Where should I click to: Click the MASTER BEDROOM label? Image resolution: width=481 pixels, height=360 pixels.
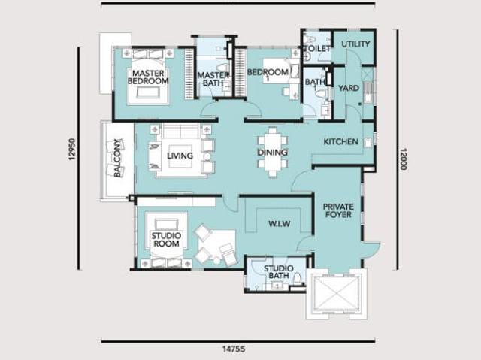point(148,77)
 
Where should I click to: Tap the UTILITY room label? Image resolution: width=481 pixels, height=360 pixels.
point(355,44)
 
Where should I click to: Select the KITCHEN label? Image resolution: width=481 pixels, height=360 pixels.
point(340,141)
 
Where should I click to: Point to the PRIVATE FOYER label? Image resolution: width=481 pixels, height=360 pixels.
point(338,210)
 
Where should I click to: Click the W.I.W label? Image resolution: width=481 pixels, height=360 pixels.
point(279,224)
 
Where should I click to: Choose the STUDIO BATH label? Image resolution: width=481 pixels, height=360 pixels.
point(279,272)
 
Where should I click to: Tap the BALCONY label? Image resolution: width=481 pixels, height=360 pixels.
point(117,158)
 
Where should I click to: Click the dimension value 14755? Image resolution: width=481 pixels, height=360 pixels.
point(234,349)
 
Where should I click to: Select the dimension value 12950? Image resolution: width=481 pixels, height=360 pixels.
point(72,150)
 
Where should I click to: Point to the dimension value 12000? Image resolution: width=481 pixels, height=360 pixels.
point(403,159)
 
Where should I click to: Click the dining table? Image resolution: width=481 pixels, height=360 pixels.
point(272,153)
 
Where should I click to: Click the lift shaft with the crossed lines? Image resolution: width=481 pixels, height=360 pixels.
point(337,294)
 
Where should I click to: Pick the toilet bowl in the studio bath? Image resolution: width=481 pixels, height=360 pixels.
point(298,279)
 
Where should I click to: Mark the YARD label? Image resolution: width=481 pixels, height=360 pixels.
point(349,89)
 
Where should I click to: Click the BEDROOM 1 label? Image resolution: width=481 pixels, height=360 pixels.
point(268,75)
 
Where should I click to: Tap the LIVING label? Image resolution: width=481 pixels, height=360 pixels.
point(180,156)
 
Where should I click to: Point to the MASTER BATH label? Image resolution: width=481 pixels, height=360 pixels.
point(213,79)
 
